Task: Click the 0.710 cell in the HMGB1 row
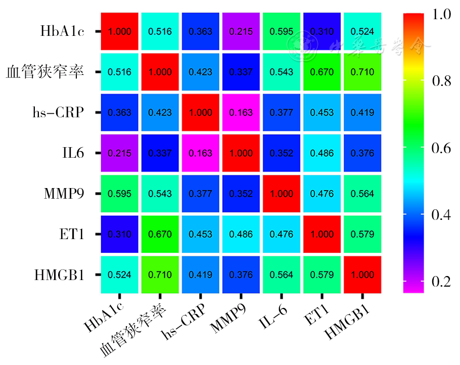(160, 275)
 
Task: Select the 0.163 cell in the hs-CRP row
(241, 112)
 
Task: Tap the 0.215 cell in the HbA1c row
(241, 31)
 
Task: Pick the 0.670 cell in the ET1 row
(160, 235)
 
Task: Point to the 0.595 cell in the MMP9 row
(120, 194)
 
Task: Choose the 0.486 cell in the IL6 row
(321, 153)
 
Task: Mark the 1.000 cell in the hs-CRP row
(200, 112)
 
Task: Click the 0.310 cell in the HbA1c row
(321, 31)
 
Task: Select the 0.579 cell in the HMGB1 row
(321, 275)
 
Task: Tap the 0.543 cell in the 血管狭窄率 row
(281, 72)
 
